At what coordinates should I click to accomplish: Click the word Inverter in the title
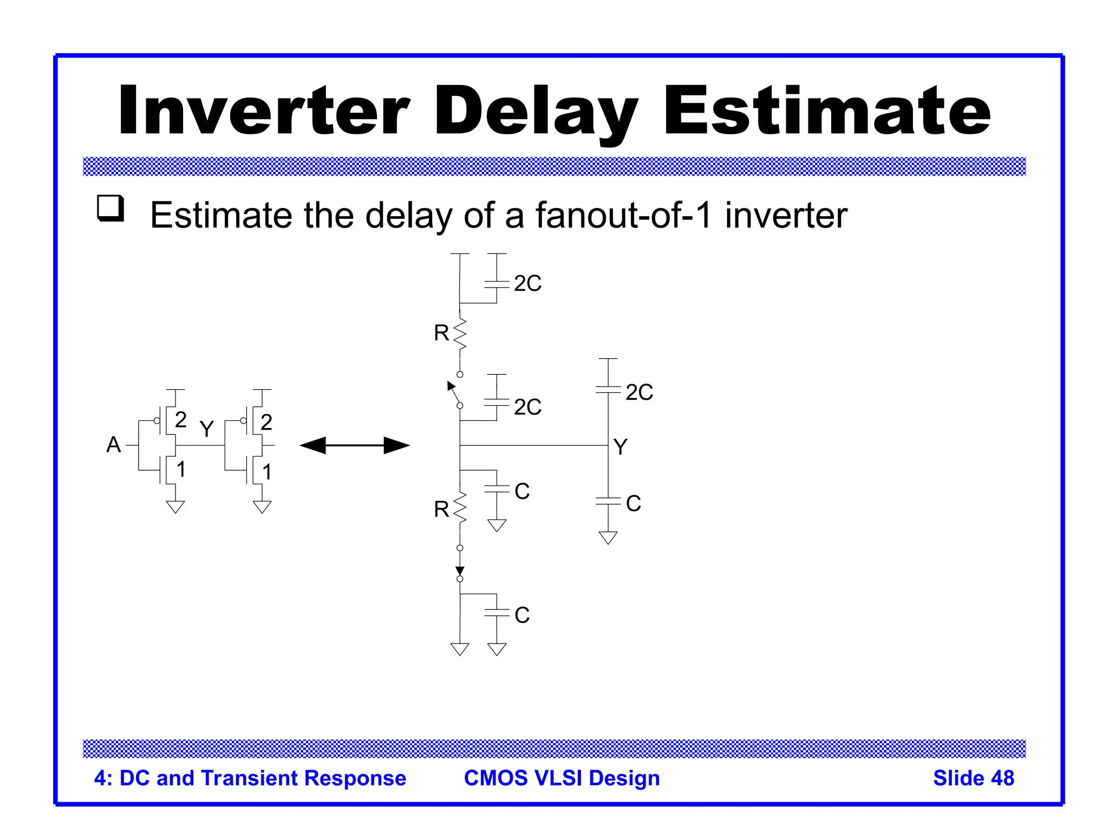tap(264, 111)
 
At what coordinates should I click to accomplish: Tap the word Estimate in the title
tap(827, 111)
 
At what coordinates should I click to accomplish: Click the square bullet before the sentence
tap(110, 208)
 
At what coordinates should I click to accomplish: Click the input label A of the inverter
tap(114, 445)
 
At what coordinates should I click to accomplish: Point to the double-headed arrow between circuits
tap(355, 445)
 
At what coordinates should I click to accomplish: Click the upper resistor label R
tap(441, 333)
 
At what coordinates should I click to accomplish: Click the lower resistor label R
tap(441, 509)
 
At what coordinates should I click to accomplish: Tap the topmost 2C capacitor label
tap(527, 283)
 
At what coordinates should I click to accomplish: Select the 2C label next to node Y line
tap(639, 392)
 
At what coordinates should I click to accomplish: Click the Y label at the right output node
tap(621, 447)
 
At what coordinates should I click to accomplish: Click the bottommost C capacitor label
tap(522, 615)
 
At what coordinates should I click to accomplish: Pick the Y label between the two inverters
tap(206, 429)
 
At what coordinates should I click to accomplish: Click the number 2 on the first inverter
tap(181, 420)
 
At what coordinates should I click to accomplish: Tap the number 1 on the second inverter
tap(266, 472)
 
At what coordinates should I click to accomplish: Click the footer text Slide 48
tap(973, 778)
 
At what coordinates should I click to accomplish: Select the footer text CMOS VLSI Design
tap(562, 778)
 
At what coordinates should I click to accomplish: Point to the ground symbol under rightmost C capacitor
tap(608, 537)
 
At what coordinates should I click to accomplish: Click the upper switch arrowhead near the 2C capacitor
tap(451, 386)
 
